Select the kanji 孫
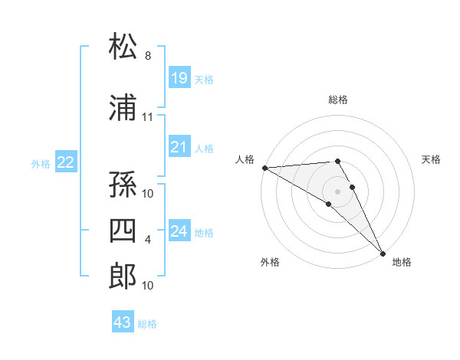click(x=123, y=183)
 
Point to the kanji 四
click(x=123, y=231)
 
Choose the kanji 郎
click(x=123, y=276)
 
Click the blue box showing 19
click(x=179, y=77)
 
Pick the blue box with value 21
click(x=179, y=148)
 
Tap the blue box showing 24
click(x=179, y=231)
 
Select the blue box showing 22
click(x=66, y=162)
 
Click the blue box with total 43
click(x=123, y=322)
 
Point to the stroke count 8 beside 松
click(x=147, y=56)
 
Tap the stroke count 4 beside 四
click(x=147, y=241)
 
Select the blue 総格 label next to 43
click(x=148, y=324)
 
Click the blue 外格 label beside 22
click(x=41, y=163)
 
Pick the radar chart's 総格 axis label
click(x=338, y=100)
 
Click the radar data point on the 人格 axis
click(x=264, y=168)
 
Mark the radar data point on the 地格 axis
click(x=383, y=253)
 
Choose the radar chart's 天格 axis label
click(x=432, y=159)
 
